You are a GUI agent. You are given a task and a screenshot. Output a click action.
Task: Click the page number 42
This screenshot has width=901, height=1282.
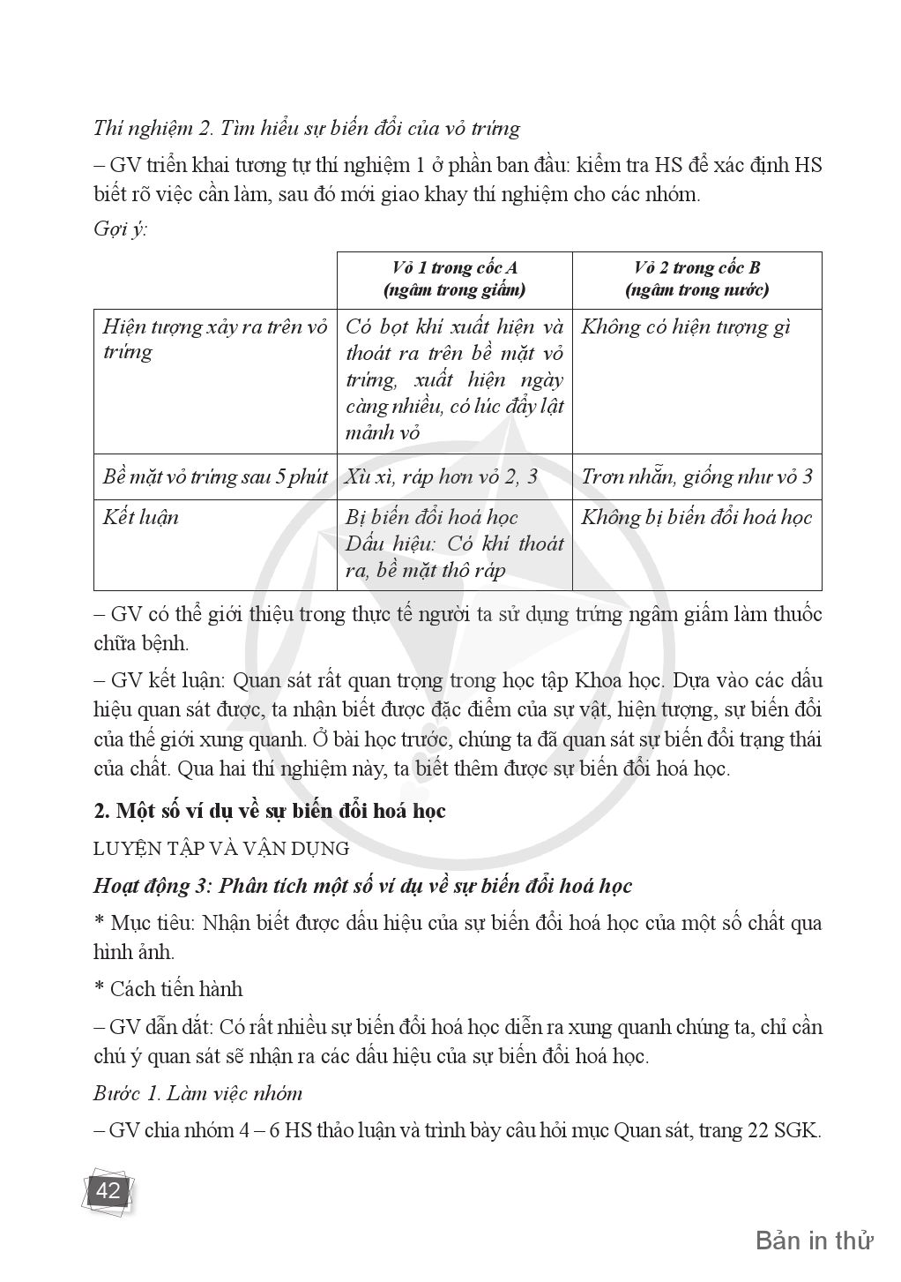108,1190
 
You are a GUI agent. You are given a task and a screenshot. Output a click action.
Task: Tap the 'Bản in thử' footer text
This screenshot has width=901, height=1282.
814,1241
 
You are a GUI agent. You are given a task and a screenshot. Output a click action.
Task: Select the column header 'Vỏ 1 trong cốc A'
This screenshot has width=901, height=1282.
454,268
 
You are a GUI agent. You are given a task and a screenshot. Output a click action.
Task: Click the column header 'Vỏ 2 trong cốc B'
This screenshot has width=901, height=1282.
696,268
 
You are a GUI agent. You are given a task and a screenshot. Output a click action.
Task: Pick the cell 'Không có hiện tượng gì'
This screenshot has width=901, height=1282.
685,327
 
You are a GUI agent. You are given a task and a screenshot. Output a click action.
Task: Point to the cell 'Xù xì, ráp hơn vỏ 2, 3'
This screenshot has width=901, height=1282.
441,477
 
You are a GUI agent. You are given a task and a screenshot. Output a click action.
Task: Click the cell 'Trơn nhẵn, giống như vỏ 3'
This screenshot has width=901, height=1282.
696,477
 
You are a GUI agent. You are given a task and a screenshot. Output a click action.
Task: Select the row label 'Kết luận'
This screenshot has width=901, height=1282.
140,517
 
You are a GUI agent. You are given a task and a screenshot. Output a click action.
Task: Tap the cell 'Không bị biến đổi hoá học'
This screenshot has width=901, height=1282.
696,517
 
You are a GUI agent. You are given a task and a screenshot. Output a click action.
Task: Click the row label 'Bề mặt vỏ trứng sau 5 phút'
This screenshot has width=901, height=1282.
215,477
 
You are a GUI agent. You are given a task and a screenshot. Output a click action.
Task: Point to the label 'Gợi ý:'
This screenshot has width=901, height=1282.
120,229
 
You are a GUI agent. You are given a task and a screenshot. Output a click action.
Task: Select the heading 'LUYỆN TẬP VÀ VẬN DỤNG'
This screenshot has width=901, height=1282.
221,848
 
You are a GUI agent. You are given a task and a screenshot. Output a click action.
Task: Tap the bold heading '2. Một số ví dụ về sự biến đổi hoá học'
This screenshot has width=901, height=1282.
270,810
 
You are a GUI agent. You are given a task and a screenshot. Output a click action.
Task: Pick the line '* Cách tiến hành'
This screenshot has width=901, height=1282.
168,988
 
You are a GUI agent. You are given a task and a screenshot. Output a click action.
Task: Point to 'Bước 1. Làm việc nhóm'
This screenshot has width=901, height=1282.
197,1093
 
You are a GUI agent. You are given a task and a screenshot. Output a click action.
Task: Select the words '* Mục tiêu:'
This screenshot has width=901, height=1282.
145,924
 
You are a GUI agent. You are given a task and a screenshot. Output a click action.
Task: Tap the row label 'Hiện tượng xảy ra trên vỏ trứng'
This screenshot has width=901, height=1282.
214,340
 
